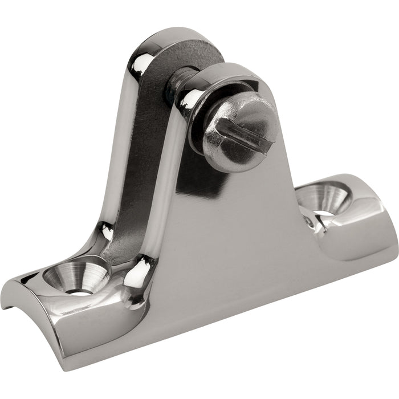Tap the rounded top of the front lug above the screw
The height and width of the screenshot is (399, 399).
(228, 71)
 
